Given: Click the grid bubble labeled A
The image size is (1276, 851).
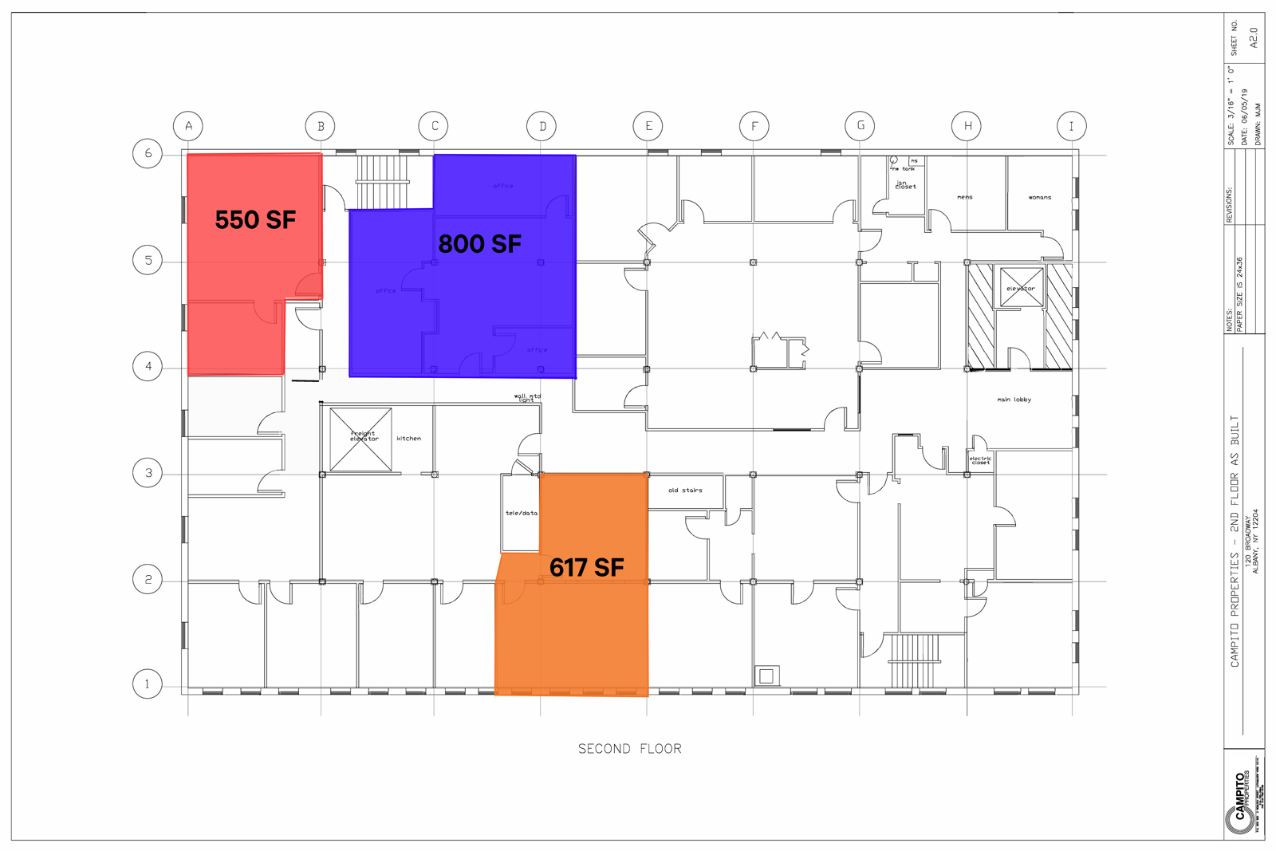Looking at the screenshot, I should click(x=188, y=125).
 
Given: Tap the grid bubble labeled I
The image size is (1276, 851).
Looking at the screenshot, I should click(x=1071, y=125).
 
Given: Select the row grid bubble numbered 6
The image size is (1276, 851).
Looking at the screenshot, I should click(x=148, y=153).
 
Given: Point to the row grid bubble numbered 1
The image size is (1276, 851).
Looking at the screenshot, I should click(x=148, y=684).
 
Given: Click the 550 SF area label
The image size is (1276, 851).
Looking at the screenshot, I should click(x=255, y=219).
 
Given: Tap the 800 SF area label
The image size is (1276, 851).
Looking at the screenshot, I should click(x=480, y=243).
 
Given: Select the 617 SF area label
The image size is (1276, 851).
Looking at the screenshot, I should click(x=587, y=567).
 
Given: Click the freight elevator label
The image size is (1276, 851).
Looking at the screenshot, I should click(x=364, y=436).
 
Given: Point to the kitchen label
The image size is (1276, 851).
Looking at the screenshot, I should click(x=409, y=438).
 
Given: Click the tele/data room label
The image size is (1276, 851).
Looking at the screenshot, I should click(x=522, y=513).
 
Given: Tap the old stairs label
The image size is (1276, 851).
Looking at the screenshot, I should click(x=685, y=490).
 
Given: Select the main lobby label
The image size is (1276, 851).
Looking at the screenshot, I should click(x=1014, y=400).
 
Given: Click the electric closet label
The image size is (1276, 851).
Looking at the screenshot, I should click(x=980, y=460).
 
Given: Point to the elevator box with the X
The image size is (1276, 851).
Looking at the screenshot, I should click(x=1021, y=288).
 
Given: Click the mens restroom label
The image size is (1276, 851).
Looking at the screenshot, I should click(x=965, y=197).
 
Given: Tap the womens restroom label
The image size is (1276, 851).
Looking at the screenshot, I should click(x=1040, y=197).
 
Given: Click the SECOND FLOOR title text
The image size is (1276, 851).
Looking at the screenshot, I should click(x=630, y=748).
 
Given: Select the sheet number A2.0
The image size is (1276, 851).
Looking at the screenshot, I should click(x=1253, y=37).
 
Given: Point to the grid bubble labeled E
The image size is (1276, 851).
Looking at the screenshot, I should click(x=648, y=125).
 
